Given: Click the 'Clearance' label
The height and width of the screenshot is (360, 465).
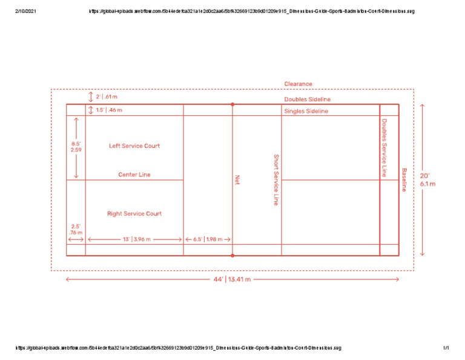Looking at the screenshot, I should click(298, 84).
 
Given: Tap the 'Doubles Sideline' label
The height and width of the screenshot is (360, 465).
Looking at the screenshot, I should click(308, 99).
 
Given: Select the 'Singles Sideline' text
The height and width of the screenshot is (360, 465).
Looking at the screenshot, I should click(306, 112).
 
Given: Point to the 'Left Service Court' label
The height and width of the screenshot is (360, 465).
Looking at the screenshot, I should click(134, 146).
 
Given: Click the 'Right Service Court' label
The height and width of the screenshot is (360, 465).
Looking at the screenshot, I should click(134, 213).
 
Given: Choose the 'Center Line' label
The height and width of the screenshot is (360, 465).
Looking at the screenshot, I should click(134, 175).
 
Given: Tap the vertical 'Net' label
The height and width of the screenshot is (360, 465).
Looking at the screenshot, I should click(238, 179).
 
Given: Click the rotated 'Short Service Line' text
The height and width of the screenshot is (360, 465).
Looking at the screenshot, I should click(275, 179).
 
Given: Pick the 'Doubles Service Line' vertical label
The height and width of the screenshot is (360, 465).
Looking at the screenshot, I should click(384, 147).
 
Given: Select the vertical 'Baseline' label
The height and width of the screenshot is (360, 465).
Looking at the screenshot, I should click(404, 179).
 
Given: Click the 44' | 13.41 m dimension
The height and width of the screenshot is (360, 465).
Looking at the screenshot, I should click(232, 279).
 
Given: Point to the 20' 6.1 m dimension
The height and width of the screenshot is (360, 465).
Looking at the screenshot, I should click(427, 180).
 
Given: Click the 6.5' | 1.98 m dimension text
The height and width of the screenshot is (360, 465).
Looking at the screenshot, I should click(208, 239).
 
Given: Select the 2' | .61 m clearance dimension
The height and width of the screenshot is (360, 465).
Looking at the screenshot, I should click(107, 97).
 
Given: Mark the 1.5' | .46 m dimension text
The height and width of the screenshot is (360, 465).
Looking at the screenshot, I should click(109, 110).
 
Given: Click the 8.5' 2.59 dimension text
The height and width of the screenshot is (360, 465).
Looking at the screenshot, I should click(76, 147).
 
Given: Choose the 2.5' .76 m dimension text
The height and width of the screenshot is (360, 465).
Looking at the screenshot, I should click(76, 229).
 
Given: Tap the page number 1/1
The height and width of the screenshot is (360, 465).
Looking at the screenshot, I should click(445, 348).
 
